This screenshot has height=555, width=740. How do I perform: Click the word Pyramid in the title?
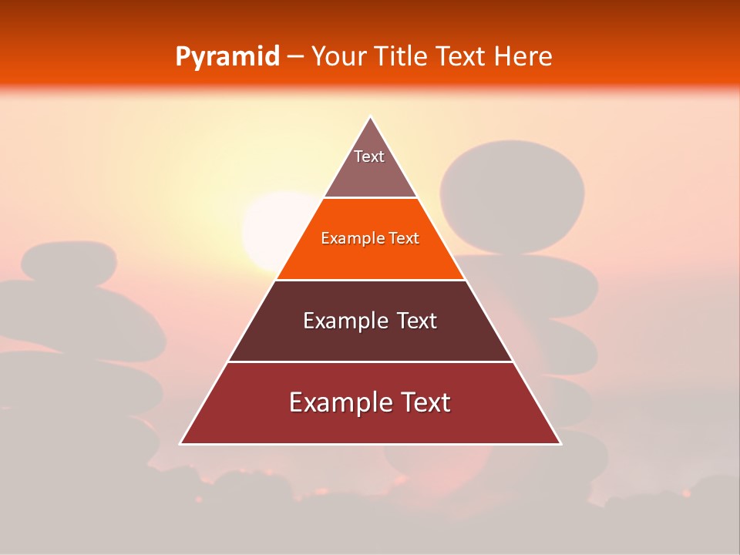click(x=227, y=57)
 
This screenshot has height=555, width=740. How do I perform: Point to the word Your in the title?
click(x=337, y=56)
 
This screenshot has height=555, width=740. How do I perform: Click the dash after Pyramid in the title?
click(x=294, y=57)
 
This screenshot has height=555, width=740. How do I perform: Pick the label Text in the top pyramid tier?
click(x=369, y=156)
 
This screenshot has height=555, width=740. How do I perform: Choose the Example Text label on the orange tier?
click(x=370, y=238)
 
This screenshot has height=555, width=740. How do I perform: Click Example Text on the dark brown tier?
click(x=370, y=321)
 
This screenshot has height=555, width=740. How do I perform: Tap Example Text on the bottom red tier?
click(x=370, y=402)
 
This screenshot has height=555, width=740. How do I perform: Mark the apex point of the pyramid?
click(x=371, y=117)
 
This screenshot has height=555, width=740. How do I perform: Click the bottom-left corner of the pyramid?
click(x=181, y=443)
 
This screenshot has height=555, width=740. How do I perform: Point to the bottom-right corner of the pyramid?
click(x=560, y=443)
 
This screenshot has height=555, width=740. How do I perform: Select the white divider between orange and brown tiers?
click(x=370, y=280)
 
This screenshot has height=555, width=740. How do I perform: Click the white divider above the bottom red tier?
click(x=370, y=362)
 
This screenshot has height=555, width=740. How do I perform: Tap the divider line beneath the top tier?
click(x=370, y=197)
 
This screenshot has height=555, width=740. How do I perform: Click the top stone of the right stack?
click(x=512, y=197)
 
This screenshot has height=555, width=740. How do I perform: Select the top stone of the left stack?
click(x=69, y=261)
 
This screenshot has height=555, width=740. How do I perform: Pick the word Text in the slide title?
click(x=461, y=56)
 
